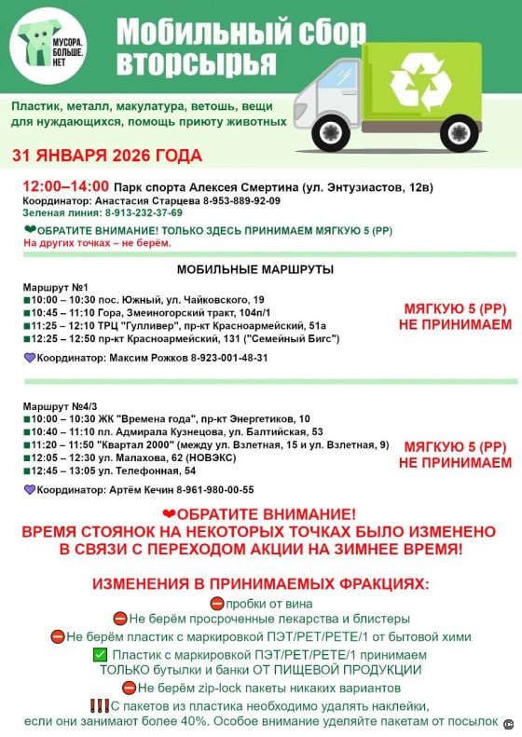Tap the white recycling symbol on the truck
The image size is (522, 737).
[x=420, y=82]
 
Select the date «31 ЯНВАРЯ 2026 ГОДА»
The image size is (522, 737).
[x=106, y=156]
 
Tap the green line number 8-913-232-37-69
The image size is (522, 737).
[x=139, y=212]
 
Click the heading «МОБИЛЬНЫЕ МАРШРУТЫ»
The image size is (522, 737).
[x=255, y=270]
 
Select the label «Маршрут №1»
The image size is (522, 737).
[x=54, y=286]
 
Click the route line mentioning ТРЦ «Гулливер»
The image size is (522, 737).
[x=177, y=325]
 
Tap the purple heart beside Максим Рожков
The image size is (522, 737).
[x=29, y=358]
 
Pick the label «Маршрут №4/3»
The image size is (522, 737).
[x=59, y=406]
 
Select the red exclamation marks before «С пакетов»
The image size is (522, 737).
[x=100, y=706]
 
